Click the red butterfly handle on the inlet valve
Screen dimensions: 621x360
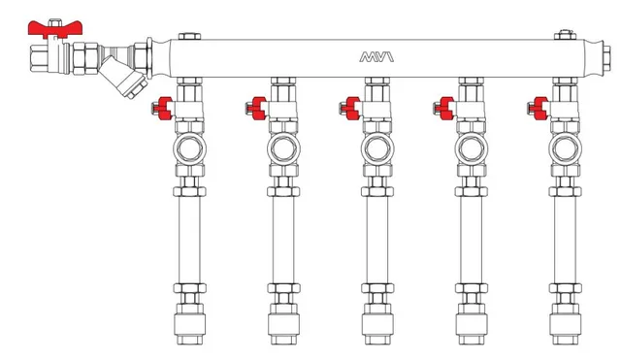pos(54,29)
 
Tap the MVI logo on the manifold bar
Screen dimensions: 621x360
pos(376,56)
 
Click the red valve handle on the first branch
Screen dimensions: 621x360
pos(164,108)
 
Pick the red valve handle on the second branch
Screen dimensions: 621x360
pos(258,108)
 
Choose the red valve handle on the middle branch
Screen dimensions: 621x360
pos(351,108)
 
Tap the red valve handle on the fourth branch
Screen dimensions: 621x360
pos(445,108)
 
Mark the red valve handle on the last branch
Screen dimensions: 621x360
pos(539,108)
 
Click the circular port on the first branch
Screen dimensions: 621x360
pos(190,148)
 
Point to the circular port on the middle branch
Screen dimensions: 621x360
pos(377,148)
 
